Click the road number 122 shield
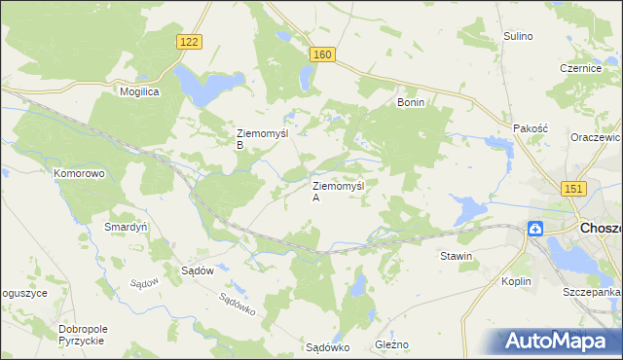pyautogui.click(x=191, y=41)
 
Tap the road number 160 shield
pyautogui.click(x=323, y=55)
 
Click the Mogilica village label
pyautogui.click(x=139, y=90)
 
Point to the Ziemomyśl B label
pyautogui.click(x=255, y=139)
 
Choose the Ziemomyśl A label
pyautogui.click(x=337, y=191)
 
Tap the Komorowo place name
pyautogui.click(x=79, y=173)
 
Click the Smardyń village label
pyautogui.click(x=125, y=227)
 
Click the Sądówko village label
pyautogui.click(x=327, y=346)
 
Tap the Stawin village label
pyautogui.click(x=456, y=257)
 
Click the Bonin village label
pyautogui.click(x=412, y=101)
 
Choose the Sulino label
pyautogui.click(x=518, y=36)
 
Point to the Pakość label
pyautogui.click(x=531, y=128)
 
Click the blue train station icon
pyautogui.click(x=535, y=229)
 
